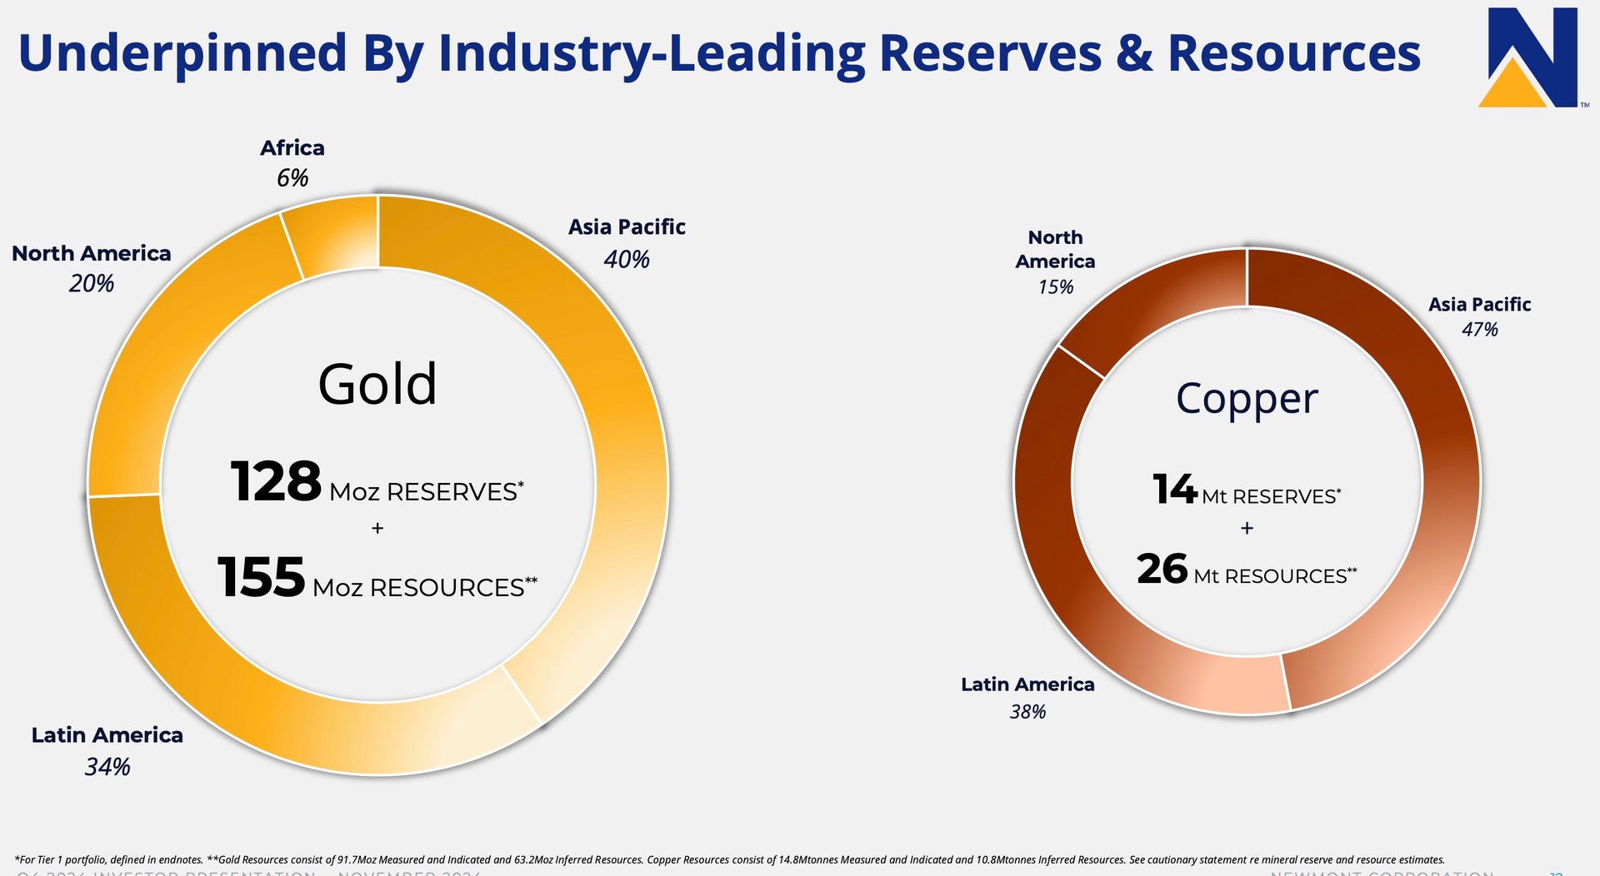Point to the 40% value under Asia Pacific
627,260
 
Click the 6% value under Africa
292,178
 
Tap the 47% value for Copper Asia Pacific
1479,330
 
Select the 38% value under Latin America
1027,712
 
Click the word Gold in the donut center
377,385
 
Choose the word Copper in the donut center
1247,399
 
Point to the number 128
276,482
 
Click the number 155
261,578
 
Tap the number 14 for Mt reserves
1175,490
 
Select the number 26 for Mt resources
1162,570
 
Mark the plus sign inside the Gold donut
377,528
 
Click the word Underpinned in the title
182,53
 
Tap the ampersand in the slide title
1134,53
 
